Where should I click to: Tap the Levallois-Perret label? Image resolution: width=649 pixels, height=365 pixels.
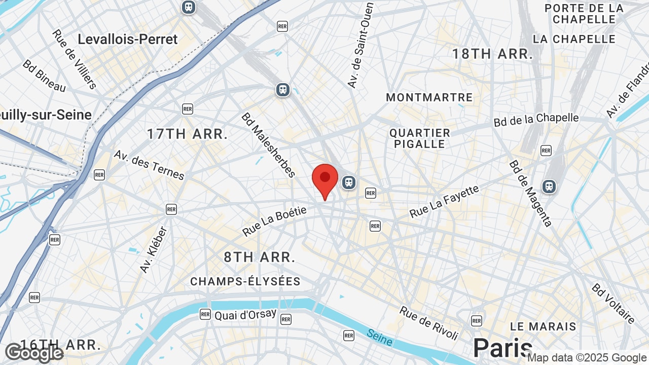click(x=128, y=39)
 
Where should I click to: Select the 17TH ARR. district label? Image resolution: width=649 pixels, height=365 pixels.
click(x=187, y=134)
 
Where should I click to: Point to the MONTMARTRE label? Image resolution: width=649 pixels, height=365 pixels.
click(x=429, y=97)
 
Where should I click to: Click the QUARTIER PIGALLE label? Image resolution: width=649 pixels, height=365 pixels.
click(x=420, y=138)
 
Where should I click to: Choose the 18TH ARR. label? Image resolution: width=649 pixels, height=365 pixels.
click(x=492, y=54)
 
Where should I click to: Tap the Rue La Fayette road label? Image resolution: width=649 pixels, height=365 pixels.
click(x=444, y=201)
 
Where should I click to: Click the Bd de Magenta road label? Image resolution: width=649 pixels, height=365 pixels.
click(x=530, y=194)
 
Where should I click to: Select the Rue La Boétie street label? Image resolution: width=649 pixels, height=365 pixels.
click(x=274, y=221)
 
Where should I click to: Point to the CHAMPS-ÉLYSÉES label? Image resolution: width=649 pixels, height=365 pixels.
click(x=245, y=281)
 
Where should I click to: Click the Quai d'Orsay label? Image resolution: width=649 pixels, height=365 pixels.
click(x=245, y=315)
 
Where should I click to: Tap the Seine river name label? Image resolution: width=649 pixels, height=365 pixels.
click(x=379, y=338)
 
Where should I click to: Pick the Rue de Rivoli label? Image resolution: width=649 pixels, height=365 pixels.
click(x=429, y=323)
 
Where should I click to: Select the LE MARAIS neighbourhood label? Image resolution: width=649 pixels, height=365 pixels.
click(x=543, y=326)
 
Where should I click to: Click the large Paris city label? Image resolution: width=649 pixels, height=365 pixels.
click(x=502, y=348)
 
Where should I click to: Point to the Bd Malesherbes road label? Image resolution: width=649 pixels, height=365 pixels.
click(x=268, y=145)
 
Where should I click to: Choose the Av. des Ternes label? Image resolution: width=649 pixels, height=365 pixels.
click(x=149, y=165)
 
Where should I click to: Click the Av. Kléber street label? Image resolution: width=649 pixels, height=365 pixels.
click(x=153, y=249)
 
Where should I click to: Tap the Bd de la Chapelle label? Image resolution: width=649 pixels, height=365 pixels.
click(x=536, y=120)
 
